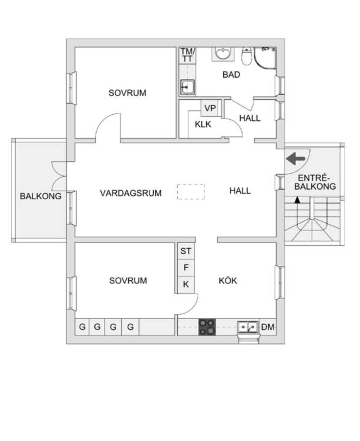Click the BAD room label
click(x=231, y=75)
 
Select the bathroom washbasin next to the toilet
click(x=223, y=54)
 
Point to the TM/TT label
click(x=187, y=55)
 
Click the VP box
click(x=211, y=108)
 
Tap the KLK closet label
click(x=203, y=124)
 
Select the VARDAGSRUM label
click(x=131, y=193)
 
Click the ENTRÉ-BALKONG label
click(x=315, y=182)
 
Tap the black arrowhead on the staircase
click(x=297, y=200)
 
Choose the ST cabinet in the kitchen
click(x=186, y=251)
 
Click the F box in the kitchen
click(x=186, y=268)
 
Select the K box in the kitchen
click(x=186, y=285)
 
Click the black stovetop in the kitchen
click(x=207, y=327)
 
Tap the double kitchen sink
click(x=248, y=327)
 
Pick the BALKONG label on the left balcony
click(x=40, y=196)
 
